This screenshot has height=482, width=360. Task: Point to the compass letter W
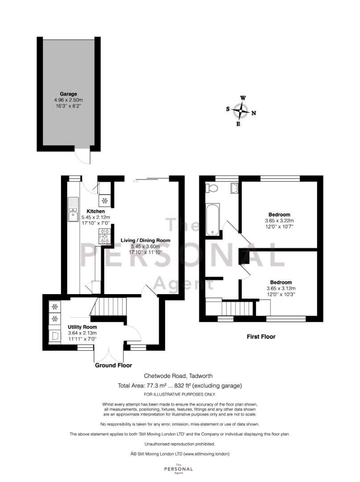243,98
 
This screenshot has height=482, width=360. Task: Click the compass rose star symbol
241,110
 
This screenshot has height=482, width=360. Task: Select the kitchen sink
72,210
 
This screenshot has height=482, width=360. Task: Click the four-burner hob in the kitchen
105,236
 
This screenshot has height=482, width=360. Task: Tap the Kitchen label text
95,211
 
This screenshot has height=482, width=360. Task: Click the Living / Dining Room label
145,240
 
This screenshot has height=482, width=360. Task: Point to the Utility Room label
82,327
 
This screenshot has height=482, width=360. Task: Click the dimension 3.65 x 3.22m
279,220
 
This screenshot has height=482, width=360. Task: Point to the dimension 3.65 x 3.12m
281,288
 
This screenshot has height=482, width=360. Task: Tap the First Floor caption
261,337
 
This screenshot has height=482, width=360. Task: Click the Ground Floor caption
113,365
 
